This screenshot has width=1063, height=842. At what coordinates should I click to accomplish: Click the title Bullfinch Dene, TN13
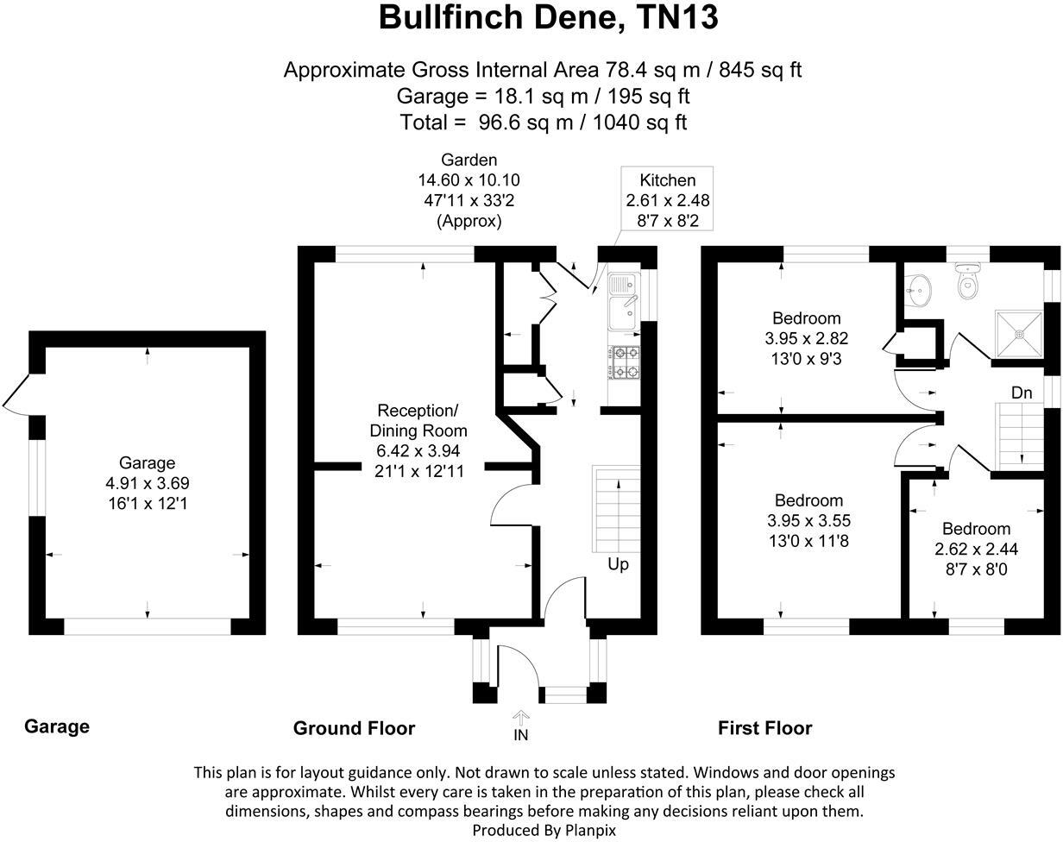pos(548,18)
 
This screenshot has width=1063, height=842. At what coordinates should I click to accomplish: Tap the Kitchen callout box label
pos(667,180)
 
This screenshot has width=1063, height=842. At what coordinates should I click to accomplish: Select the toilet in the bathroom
pos(970,281)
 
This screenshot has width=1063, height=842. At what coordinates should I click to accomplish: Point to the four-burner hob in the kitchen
pos(626,362)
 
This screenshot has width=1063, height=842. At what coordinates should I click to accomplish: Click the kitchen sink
pos(622,303)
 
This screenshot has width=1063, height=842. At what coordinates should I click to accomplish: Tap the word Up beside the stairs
pos(619,564)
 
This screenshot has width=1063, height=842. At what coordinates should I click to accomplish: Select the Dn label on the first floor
pos(1022,393)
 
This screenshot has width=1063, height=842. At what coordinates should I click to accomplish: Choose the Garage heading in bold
pos(57,726)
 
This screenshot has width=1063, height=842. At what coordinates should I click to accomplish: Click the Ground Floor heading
pos(354,728)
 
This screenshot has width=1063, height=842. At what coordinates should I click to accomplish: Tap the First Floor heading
pos(764,728)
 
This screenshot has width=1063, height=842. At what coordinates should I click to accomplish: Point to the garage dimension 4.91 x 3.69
pos(147,483)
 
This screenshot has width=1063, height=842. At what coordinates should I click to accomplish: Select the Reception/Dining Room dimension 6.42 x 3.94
pos(418,451)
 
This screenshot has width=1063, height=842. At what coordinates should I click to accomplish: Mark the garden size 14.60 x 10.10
pos(469,180)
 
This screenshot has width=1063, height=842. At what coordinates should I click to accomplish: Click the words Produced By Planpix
pos(544,830)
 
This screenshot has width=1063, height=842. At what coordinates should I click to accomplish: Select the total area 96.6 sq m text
pos(543,122)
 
